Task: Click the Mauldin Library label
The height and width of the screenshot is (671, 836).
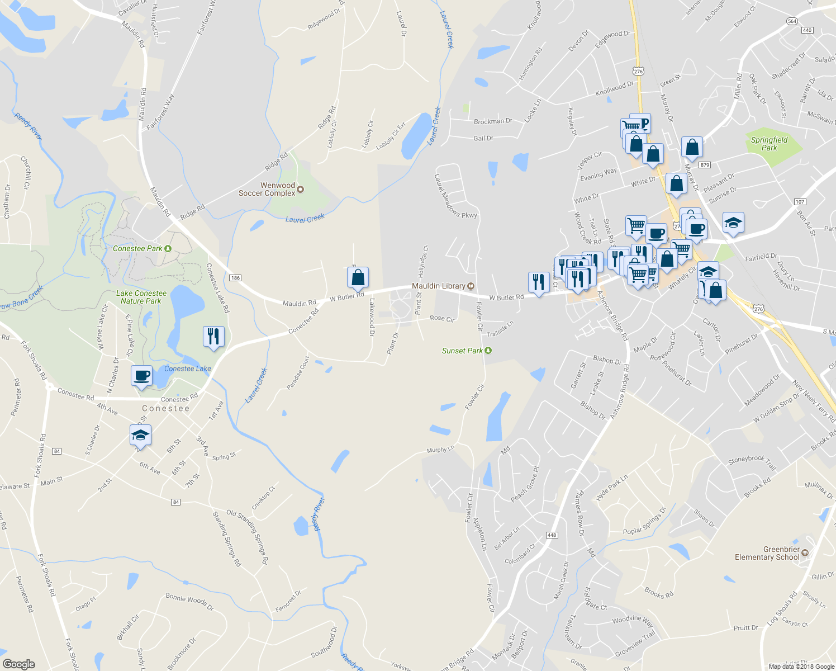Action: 439,286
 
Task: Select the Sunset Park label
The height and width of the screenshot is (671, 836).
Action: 462,351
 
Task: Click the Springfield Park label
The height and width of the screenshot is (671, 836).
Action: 769,144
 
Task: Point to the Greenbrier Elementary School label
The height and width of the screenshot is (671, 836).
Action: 767,553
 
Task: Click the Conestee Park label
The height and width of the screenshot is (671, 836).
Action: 137,248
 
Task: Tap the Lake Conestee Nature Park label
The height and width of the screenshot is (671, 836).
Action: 141,297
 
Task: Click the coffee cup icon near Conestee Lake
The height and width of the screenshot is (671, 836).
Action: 142,375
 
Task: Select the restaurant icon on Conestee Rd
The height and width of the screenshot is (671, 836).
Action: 213,336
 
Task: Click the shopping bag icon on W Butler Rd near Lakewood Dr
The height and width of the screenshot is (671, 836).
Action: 358,277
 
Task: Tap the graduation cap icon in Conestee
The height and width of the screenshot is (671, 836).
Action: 140,435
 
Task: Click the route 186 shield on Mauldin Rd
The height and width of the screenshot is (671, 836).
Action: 235,278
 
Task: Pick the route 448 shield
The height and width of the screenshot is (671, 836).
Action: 552,535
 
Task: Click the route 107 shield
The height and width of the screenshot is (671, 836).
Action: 800,201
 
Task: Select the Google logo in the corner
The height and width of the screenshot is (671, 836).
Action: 18,664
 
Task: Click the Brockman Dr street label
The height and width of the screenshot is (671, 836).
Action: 493,121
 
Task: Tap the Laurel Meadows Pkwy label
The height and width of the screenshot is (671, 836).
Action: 455,196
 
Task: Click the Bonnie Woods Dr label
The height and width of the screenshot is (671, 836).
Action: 189,601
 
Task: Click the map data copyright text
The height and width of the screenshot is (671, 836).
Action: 801,666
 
